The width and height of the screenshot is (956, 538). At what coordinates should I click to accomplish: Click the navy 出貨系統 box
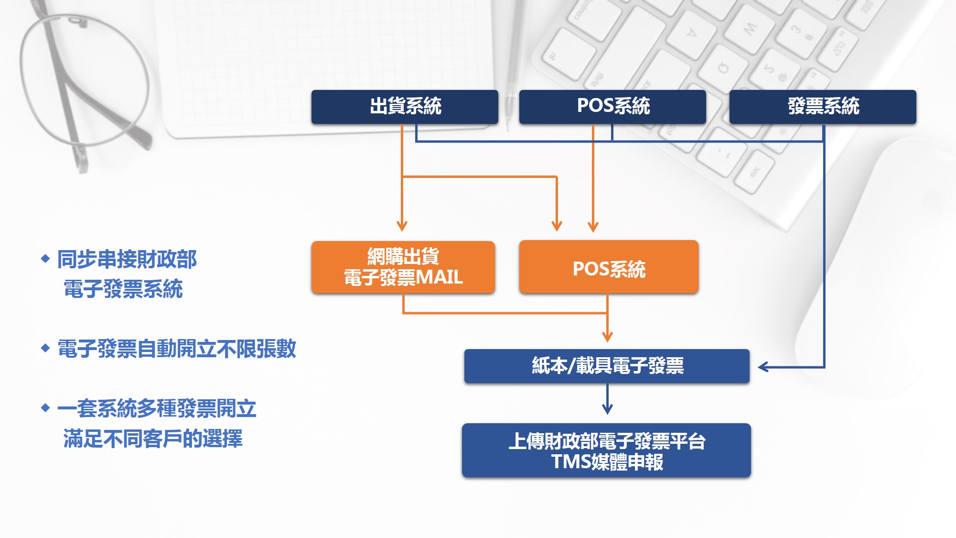pos(405,107)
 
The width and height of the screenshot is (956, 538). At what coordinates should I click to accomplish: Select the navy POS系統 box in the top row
pos(612,107)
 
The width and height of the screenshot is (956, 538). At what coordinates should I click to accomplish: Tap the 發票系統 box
pos(823,107)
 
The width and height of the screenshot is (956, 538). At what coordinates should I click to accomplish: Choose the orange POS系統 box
pos(609,267)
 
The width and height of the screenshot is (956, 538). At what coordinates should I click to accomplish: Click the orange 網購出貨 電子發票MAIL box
pos(403,267)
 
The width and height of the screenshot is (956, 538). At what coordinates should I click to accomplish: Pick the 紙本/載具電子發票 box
pos(607,366)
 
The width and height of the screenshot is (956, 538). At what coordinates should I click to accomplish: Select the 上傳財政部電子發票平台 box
pos(606,450)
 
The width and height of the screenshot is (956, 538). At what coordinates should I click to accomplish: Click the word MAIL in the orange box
pos(440,277)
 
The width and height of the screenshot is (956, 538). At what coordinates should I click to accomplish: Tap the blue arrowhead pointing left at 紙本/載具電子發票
pos(763,367)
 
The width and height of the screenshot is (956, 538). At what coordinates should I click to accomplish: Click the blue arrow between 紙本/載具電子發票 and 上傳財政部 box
pos(607,399)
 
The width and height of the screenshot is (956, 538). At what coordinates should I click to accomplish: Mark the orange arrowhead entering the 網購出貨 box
pos(402,226)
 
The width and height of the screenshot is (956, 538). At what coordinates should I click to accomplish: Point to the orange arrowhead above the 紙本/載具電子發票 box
pos(607,337)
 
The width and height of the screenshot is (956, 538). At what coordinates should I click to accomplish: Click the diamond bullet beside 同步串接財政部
pos(45,259)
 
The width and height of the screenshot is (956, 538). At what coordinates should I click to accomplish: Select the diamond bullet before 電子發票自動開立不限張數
pos(45,348)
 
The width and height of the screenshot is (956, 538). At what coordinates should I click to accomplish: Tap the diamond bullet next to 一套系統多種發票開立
pos(45,408)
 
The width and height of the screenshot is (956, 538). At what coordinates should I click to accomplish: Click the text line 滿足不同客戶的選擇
pos(153,438)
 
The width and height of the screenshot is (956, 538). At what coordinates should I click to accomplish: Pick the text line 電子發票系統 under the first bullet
pos(123,289)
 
